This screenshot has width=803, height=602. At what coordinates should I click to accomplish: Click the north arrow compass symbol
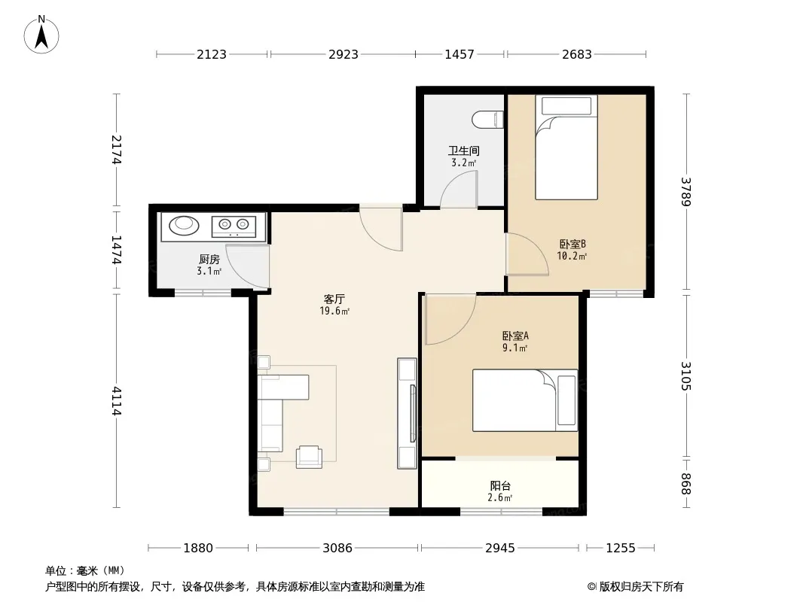pyautogui.click(x=41, y=35)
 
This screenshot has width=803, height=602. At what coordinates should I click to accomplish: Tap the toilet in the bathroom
pyautogui.click(x=488, y=120)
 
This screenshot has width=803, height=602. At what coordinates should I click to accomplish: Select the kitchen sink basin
pyautogui.click(x=184, y=224)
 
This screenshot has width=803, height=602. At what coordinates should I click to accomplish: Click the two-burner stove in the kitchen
pyautogui.click(x=234, y=227)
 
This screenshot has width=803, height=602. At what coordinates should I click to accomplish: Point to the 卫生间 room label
pyautogui.click(x=464, y=150)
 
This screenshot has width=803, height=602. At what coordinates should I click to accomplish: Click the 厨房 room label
pyautogui.click(x=209, y=260)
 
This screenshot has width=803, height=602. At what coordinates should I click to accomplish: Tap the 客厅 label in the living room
pyautogui.click(x=334, y=299)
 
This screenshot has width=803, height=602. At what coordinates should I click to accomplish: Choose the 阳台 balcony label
pyautogui.click(x=500, y=485)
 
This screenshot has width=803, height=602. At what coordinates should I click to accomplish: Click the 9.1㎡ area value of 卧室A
pyautogui.click(x=514, y=348)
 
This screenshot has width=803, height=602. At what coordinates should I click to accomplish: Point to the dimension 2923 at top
pyautogui.click(x=343, y=54)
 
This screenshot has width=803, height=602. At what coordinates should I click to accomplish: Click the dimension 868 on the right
pyautogui.click(x=686, y=484)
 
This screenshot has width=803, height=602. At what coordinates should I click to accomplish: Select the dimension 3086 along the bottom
pyautogui.click(x=337, y=548)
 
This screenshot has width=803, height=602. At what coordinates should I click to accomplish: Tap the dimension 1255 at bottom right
pyautogui.click(x=621, y=548)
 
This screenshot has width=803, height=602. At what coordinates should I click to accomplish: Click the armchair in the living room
pyautogui.click(x=310, y=457)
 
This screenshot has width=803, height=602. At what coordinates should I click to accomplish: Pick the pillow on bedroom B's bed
pyautogui.click(x=566, y=106)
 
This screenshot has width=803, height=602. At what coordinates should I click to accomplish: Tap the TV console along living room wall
pyautogui.click(x=407, y=413)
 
